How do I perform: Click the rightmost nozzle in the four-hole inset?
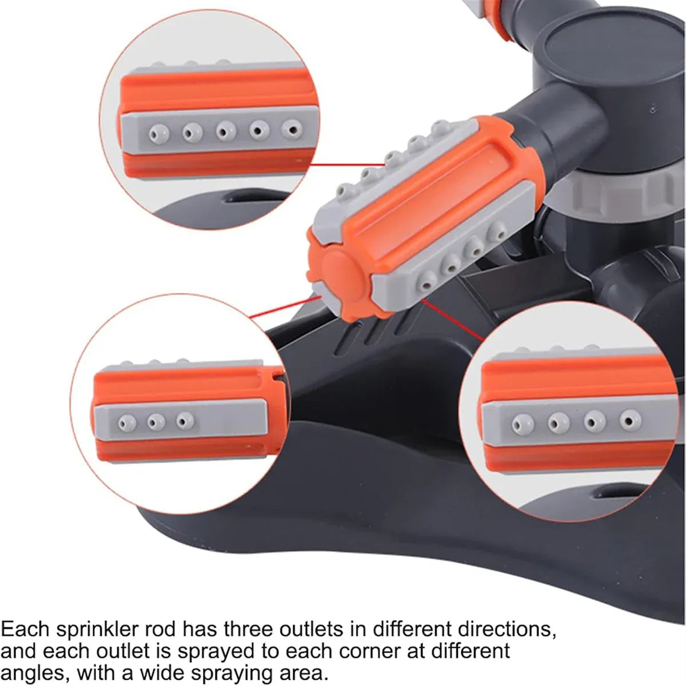630,420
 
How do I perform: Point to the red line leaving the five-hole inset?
347,165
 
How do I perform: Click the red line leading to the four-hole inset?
453,320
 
